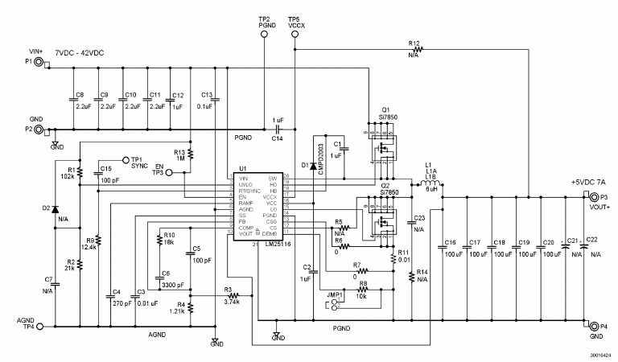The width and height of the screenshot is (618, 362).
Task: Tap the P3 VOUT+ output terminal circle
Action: pyautogui.click(x=595, y=196)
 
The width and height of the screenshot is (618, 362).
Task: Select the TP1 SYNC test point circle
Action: pyautogui.click(x=125, y=159)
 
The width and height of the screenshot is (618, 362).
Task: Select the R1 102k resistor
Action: pyautogui.click(x=81, y=172)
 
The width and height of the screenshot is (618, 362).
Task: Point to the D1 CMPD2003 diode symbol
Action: pyautogui.click(x=313, y=166)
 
